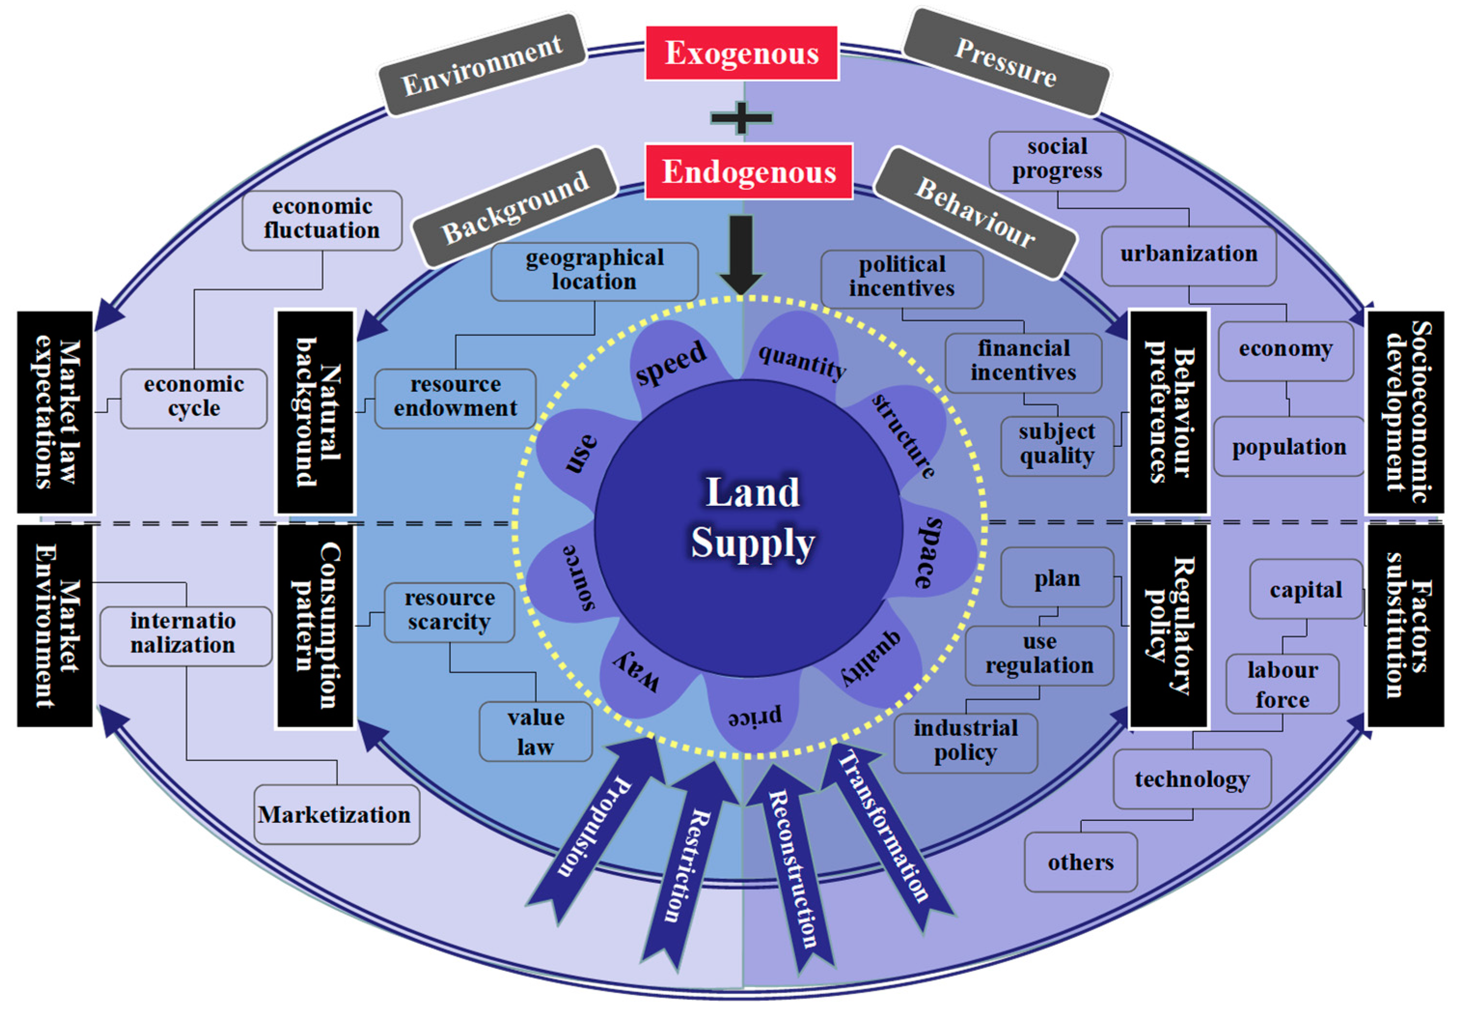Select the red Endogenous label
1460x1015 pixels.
click(748, 172)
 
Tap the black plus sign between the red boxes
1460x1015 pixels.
click(741, 118)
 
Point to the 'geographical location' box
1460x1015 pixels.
click(594, 271)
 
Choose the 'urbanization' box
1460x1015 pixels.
click(1188, 254)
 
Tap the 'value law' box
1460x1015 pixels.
click(535, 731)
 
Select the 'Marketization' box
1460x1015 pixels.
click(336, 814)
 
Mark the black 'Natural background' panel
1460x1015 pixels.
click(315, 412)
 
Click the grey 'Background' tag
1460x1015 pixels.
click(515, 207)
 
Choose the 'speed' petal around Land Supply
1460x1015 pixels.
click(670, 359)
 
